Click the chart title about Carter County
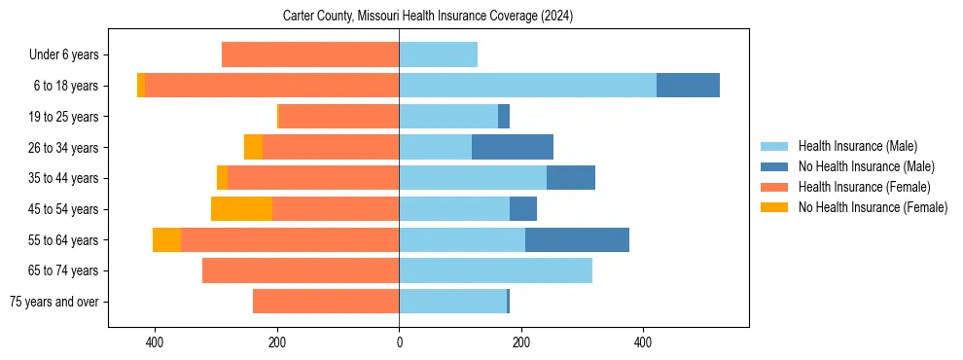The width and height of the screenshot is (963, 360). [428, 17]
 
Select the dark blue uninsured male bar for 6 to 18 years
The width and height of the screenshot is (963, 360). [688, 86]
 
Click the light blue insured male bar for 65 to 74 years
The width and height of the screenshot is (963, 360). [495, 270]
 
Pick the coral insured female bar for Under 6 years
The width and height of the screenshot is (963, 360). [310, 54]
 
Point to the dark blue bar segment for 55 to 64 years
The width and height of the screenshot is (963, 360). [577, 240]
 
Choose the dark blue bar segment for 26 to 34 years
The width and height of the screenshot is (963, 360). [513, 148]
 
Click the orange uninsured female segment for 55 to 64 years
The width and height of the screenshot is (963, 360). [166, 240]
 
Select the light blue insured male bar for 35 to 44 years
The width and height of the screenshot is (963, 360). [473, 178]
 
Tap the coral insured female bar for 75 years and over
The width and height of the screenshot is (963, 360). [326, 302]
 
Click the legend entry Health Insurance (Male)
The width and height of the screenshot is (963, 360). [857, 146]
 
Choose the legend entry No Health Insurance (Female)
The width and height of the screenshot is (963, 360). [873, 207]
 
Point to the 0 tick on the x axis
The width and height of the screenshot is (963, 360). [399, 342]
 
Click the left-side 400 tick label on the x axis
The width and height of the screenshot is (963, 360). [155, 342]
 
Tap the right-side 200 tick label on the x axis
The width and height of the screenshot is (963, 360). [521, 342]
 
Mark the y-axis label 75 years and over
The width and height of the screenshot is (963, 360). [53, 302]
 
